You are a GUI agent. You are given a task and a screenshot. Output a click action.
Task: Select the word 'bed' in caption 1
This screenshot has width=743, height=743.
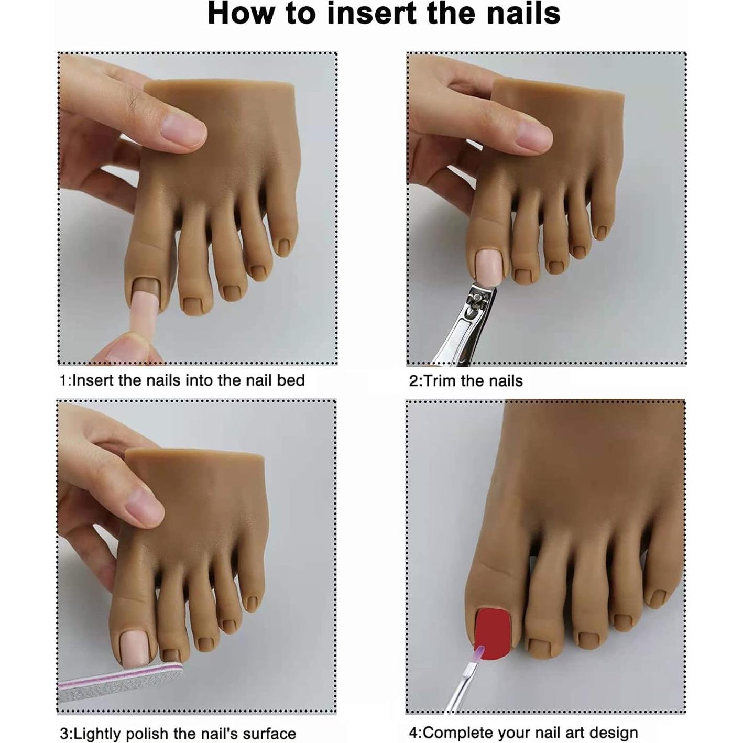click(x=291, y=380)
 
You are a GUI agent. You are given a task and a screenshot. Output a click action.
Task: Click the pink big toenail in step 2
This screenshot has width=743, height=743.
click(x=485, y=265)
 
